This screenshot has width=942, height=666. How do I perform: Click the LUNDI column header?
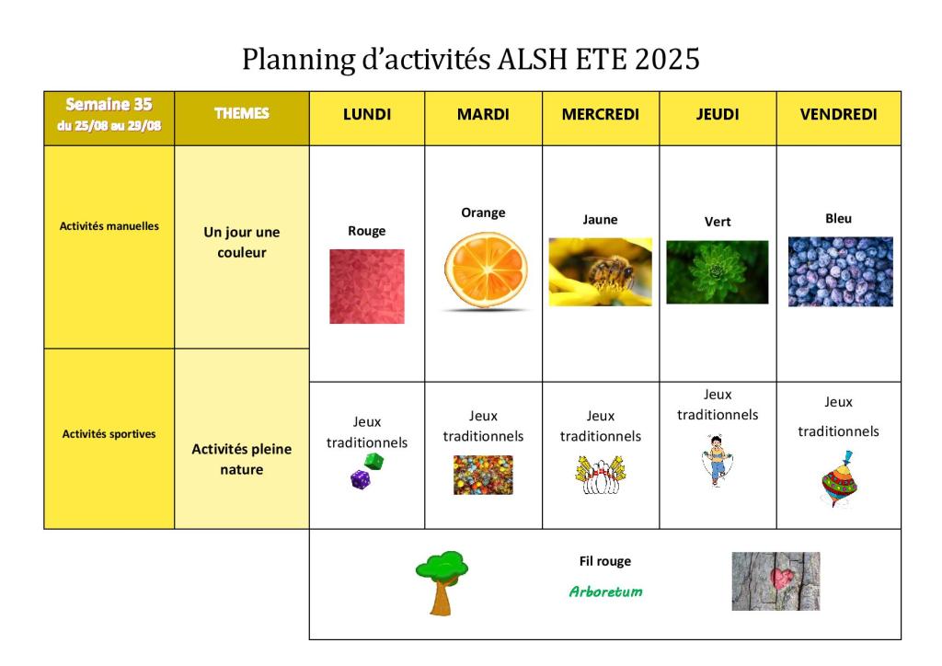pyautogui.click(x=366, y=114)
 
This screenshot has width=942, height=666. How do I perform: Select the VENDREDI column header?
pyautogui.click(x=838, y=114)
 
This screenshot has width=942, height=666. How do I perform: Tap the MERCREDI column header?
pyautogui.click(x=600, y=114)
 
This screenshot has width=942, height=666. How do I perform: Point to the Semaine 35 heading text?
pyautogui.click(x=109, y=105)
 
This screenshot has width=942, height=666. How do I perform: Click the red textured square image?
pyautogui.click(x=366, y=286)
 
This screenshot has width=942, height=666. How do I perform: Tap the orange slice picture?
pyautogui.click(x=486, y=270)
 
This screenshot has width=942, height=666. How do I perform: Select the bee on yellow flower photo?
pyautogui.click(x=600, y=272)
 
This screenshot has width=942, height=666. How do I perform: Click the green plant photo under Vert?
pyautogui.click(x=718, y=272)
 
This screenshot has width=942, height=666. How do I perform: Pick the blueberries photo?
pyautogui.click(x=841, y=271)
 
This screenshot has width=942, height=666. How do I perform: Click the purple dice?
pyautogui.click(x=360, y=479)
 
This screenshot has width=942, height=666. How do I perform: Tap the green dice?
pyautogui.click(x=373, y=461)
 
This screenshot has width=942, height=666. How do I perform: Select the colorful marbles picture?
pyautogui.click(x=483, y=475)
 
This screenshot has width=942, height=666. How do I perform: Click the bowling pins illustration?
pyautogui.click(x=600, y=475)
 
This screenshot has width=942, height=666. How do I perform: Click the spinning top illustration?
pyautogui.click(x=840, y=480)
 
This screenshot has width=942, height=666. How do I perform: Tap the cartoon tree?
pyautogui.click(x=442, y=582)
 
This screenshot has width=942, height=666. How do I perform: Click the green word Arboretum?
pyautogui.click(x=605, y=591)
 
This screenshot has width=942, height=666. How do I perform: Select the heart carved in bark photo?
pyautogui.click(x=775, y=581)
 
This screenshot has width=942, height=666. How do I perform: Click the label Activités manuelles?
pyautogui.click(x=109, y=226)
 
